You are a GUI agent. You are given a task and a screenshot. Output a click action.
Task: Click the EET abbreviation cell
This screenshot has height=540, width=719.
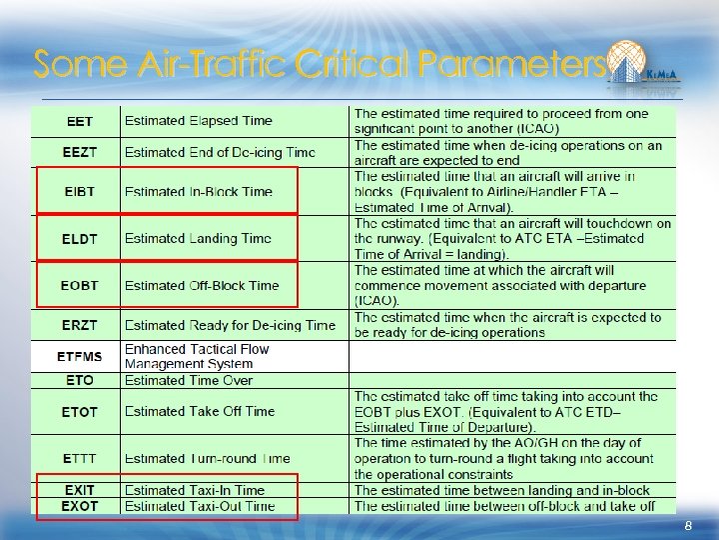[x=80, y=121]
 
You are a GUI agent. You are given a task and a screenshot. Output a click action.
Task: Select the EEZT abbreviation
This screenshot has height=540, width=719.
[x=80, y=152]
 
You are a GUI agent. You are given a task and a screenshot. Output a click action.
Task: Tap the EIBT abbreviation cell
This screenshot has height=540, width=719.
[x=80, y=191]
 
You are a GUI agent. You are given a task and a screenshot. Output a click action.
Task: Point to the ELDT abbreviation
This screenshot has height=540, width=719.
[x=80, y=238]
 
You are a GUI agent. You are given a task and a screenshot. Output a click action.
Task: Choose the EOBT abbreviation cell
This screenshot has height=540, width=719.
[x=80, y=285]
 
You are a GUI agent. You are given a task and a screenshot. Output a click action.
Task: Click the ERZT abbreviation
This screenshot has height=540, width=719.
[x=80, y=325]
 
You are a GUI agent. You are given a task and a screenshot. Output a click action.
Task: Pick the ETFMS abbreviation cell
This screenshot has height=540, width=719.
[x=80, y=356]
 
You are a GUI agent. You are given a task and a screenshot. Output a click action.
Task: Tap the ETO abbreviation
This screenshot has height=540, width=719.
[x=80, y=380]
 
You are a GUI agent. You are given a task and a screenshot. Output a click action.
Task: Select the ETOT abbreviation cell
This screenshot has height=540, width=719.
[x=80, y=411]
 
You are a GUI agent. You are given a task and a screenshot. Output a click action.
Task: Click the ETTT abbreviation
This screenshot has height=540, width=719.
[x=80, y=458]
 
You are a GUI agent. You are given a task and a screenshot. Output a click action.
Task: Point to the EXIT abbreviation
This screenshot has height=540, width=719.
[x=80, y=490]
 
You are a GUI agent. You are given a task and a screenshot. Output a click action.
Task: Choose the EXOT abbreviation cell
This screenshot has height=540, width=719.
[x=80, y=506]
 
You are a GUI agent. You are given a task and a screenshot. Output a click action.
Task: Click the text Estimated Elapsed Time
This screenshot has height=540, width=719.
[x=199, y=121]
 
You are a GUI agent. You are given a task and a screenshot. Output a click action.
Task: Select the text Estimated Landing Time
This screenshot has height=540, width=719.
[x=198, y=238]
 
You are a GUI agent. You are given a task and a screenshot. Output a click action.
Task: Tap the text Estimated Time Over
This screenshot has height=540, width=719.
[x=189, y=380]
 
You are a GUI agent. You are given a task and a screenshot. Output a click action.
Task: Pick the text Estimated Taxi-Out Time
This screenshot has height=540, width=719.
[x=200, y=506]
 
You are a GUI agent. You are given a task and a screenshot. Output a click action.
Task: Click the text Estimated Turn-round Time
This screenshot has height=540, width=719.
[x=207, y=458]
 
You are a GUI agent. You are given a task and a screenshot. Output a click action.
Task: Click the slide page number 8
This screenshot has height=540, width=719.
[x=688, y=526]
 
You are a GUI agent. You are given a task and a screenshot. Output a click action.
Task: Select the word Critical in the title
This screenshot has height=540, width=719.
[x=354, y=64]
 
